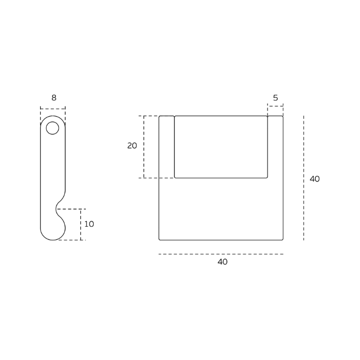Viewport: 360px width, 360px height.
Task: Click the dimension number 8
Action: pos(53,98)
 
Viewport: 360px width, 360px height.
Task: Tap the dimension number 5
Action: pos(276,98)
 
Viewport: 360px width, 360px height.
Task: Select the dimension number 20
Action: pos(132,146)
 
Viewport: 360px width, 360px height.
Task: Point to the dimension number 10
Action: pos(89,224)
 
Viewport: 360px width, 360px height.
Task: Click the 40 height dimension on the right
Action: pos(314,179)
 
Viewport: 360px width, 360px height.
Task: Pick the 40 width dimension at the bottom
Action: pos(222,262)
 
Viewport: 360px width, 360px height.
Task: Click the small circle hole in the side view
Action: pos(52,128)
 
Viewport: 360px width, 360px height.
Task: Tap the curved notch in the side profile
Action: pos(58,208)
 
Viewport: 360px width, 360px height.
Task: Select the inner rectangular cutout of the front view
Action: pos(221,147)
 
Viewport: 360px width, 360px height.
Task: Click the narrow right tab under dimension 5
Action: pos(275,147)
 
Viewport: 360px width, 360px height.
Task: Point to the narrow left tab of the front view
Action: pos(167,147)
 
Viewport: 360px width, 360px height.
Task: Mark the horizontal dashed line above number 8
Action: pos(53,109)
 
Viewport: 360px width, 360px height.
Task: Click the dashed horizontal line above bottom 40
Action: pos(221,254)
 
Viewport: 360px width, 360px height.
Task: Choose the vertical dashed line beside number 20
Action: pos(144,147)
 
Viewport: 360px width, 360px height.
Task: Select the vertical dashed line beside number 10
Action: pos(81,224)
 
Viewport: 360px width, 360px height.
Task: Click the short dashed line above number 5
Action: pos(275,106)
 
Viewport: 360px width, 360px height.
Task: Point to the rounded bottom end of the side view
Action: pos(52,236)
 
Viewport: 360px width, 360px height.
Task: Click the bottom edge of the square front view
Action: pos(221,240)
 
